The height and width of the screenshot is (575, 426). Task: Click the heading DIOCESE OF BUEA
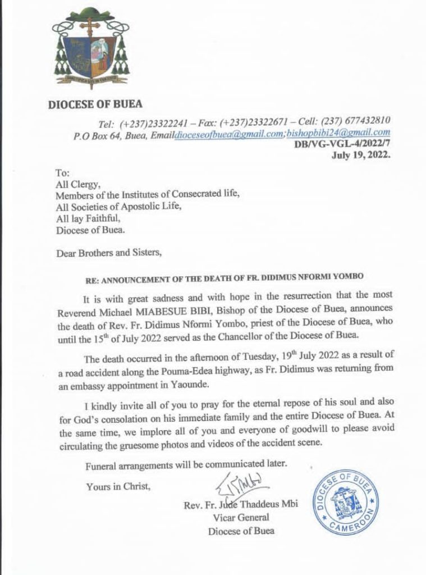point(94,104)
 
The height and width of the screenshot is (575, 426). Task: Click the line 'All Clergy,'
point(76,184)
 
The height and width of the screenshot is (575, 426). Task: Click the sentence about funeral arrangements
point(186,466)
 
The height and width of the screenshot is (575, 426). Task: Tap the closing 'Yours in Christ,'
point(118,487)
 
